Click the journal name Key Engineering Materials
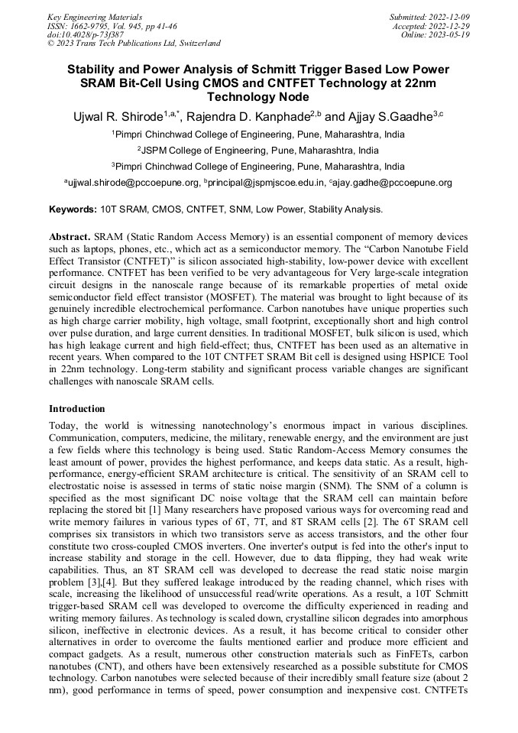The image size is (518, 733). click(95, 16)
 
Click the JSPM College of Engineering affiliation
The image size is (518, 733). click(259, 150)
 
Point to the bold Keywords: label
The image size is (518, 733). click(73, 209)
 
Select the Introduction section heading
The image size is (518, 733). click(77, 409)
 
